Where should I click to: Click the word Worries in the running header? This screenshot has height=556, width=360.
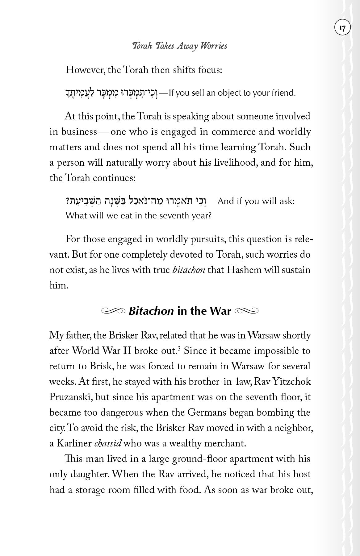tap(214, 46)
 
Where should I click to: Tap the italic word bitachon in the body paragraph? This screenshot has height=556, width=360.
tap(188, 270)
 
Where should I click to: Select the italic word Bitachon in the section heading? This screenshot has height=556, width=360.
tap(151, 311)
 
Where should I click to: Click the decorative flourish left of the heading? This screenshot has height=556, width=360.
tap(113, 311)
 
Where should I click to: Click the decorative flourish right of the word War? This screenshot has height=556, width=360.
tap(246, 311)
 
